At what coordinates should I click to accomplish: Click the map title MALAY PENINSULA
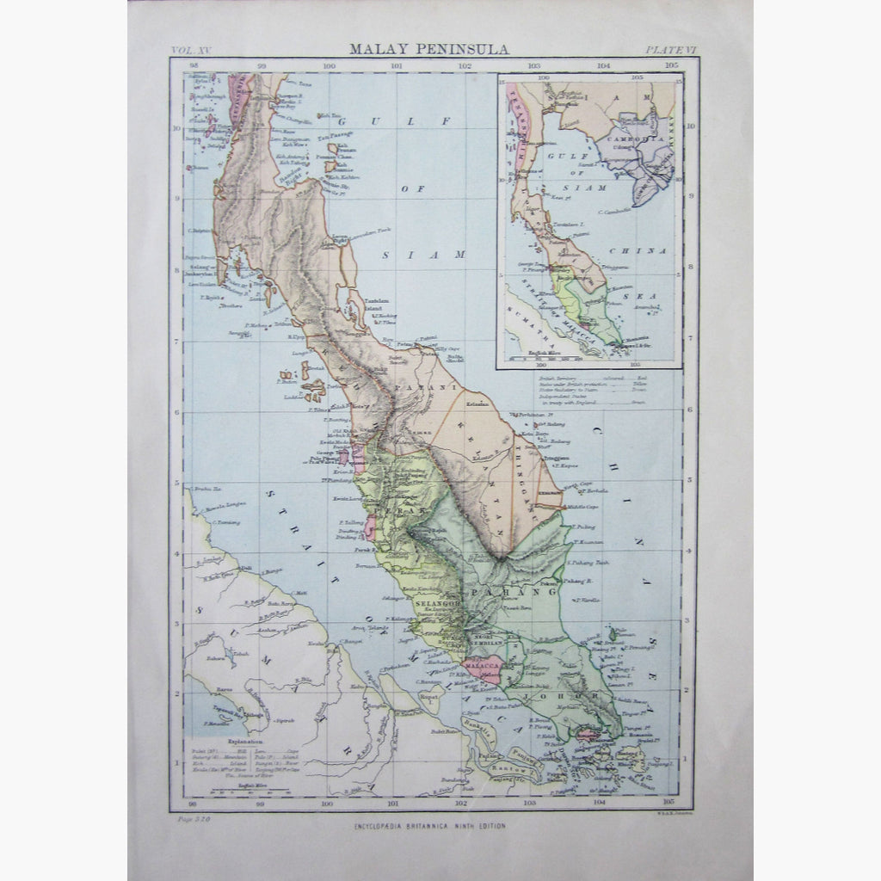point(428,49)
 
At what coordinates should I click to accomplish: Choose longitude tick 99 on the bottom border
point(258,804)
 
